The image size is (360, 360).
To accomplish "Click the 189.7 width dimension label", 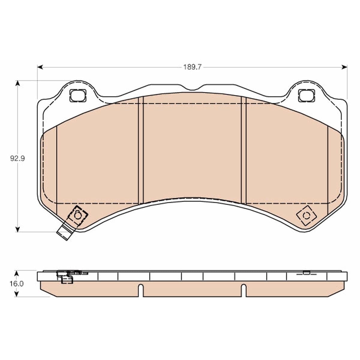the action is (192, 67).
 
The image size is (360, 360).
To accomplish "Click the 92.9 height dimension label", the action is (17, 159).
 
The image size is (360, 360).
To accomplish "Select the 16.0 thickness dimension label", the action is (16, 284).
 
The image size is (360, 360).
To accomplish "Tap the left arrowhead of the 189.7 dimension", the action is (40, 67).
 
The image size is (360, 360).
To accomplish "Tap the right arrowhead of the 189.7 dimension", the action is (344, 67).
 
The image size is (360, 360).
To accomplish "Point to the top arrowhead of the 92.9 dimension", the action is (18, 83).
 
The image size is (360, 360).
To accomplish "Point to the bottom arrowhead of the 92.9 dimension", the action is (18, 229).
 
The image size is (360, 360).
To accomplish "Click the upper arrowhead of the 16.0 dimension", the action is (16, 273).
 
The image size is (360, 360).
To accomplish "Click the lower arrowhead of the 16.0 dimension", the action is (16, 294).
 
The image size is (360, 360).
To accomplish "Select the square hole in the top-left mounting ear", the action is (78, 96).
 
